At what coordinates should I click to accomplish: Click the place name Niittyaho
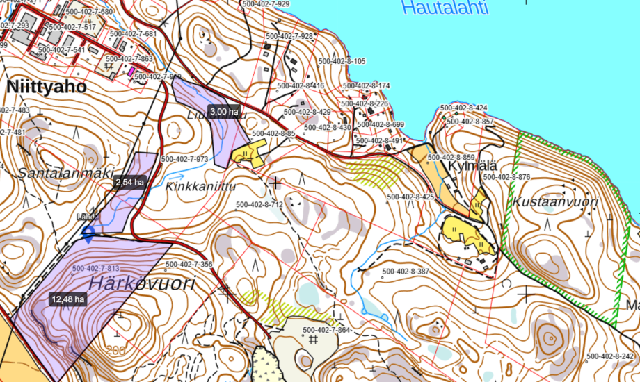click(47, 88)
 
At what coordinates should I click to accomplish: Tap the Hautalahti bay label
click(446, 8)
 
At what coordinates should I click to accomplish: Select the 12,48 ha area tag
click(67, 299)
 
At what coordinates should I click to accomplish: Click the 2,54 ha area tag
click(130, 183)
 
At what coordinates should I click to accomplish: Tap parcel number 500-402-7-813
click(95, 269)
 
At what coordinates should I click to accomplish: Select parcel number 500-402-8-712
click(259, 204)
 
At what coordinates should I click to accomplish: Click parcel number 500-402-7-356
click(189, 265)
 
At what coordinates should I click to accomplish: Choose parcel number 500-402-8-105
click(342, 62)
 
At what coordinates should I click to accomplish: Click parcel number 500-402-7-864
click(325, 329)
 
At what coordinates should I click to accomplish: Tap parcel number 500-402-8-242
click(610, 356)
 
